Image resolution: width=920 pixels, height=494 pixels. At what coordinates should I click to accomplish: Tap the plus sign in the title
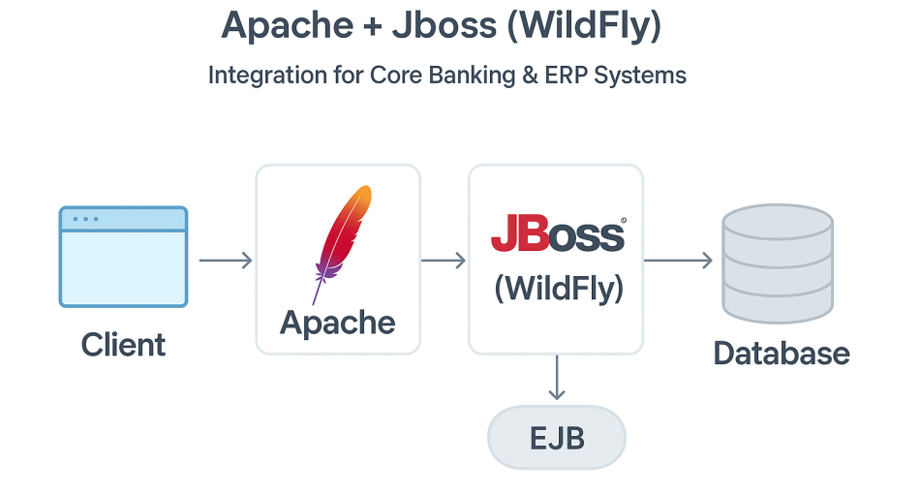(x=370, y=26)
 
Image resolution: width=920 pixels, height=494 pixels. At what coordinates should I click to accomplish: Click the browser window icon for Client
(x=123, y=257)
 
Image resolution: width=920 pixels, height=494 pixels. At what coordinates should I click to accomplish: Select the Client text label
(x=123, y=345)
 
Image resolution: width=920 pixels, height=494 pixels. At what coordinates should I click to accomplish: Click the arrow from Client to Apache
(x=225, y=260)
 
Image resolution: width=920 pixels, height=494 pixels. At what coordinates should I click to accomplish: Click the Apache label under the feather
(x=337, y=323)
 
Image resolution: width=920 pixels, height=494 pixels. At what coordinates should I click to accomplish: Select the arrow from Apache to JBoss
(x=444, y=260)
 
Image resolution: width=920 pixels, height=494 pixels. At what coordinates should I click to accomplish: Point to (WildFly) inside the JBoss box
(x=559, y=289)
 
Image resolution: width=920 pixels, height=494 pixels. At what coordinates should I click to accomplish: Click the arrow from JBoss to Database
(x=678, y=260)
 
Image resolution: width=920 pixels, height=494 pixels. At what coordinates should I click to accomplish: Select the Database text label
(x=781, y=354)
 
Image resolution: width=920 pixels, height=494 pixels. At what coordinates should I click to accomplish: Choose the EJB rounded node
(x=557, y=438)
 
